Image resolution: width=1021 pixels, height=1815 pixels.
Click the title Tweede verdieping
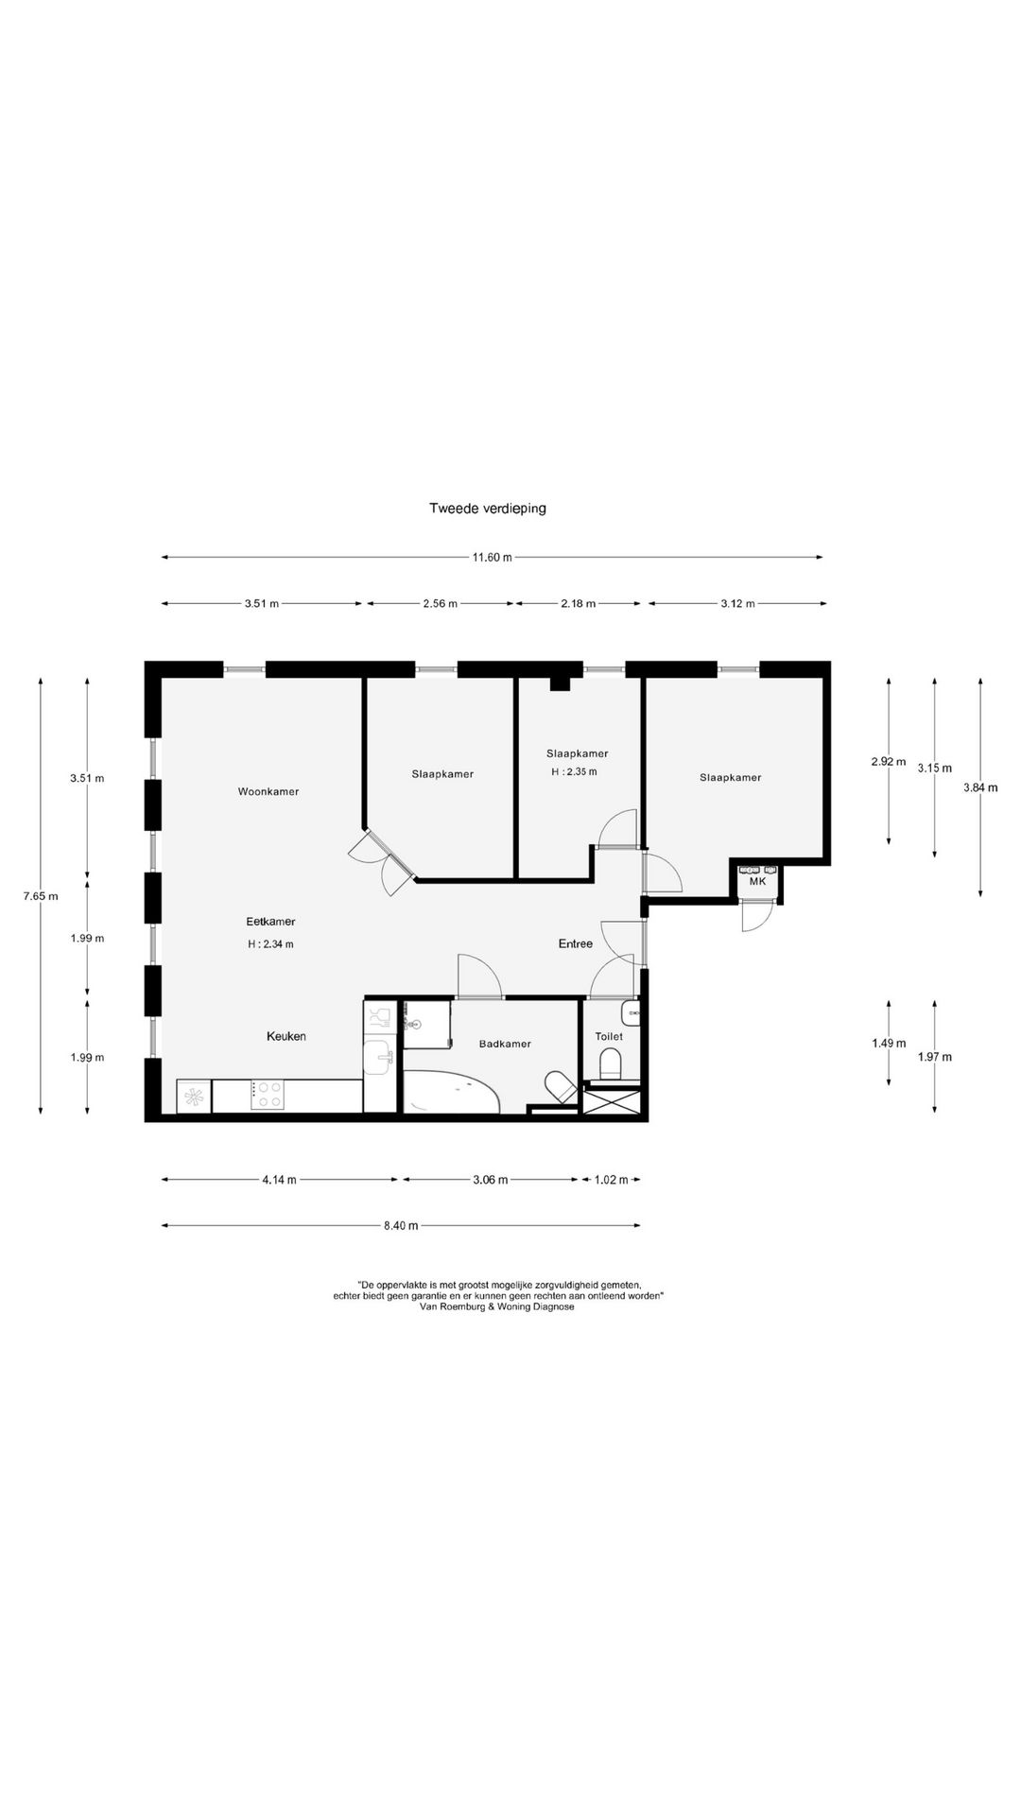pos(488,508)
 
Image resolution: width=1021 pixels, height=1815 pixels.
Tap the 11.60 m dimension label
pos(492,558)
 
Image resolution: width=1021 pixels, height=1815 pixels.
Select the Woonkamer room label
pos(268,791)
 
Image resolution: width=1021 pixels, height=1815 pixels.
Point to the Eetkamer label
pos(270,922)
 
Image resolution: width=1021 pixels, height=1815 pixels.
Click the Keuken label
pos(286,1036)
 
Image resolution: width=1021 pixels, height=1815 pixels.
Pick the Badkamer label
pos(505,1044)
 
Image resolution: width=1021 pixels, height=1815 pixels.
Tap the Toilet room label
pos(609,1037)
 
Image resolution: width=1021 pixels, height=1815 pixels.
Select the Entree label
pos(576,943)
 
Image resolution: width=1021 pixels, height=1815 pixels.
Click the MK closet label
pos(757,881)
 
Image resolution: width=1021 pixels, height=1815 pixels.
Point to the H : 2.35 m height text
pos(574,771)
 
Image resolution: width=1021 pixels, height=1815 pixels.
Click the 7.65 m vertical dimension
pos(41,896)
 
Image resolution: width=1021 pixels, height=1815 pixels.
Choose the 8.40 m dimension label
pos(401,1226)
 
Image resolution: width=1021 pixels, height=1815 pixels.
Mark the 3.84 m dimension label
pos(980,787)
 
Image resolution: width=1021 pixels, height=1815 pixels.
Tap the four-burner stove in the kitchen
pos(267,1096)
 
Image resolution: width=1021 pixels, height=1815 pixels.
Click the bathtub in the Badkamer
pos(453,1092)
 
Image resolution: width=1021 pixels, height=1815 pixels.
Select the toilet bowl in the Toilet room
pos(610,1065)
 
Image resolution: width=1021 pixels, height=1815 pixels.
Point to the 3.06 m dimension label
pos(490,1180)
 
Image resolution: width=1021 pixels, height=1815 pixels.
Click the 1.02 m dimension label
pos(611,1180)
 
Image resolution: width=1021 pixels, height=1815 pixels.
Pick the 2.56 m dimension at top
pos(440,604)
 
